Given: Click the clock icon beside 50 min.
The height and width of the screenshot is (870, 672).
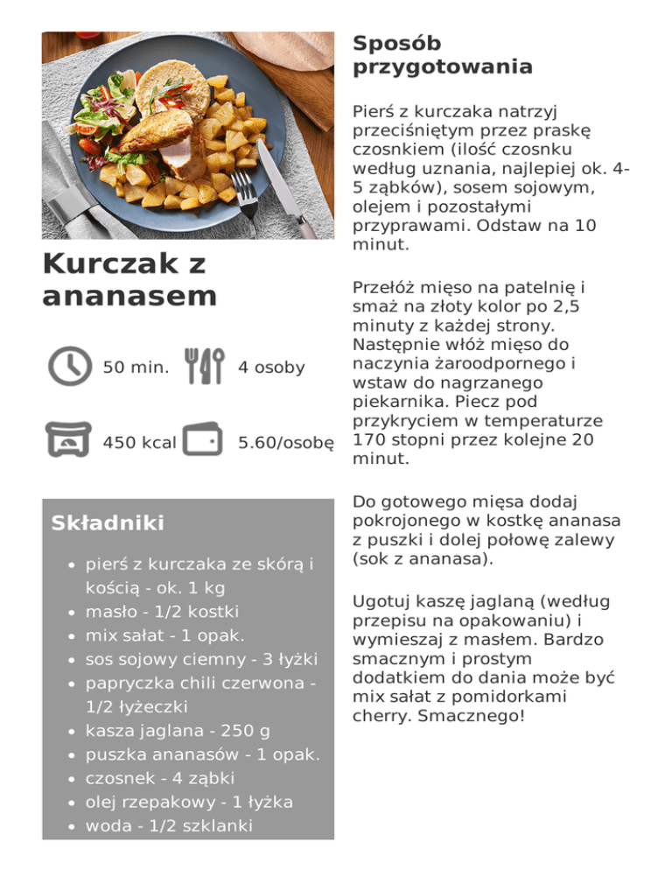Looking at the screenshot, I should click(69, 366).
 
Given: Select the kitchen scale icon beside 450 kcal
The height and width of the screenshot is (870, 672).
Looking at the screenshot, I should click(69, 441).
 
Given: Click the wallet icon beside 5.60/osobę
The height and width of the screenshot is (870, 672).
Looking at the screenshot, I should click(202, 441).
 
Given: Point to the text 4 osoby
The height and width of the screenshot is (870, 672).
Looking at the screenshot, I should click(271, 368).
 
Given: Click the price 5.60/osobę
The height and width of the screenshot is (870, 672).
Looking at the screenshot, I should click(286, 443).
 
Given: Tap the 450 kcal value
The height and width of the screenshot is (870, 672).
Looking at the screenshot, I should click(139, 443).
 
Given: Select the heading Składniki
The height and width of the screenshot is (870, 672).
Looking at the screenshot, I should click(108, 523).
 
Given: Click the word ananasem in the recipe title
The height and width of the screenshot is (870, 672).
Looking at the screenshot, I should click(129, 296).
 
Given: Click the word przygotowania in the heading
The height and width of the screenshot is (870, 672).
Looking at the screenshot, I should click(443, 67).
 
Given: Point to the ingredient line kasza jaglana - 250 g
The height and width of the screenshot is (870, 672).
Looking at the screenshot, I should click(178, 730).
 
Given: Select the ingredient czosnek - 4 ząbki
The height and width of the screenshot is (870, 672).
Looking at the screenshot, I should click(160, 778).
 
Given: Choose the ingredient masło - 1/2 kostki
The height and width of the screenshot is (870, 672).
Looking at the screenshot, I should click(162, 611).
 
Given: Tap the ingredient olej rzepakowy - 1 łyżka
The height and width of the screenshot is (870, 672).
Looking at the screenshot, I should click(188, 802).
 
